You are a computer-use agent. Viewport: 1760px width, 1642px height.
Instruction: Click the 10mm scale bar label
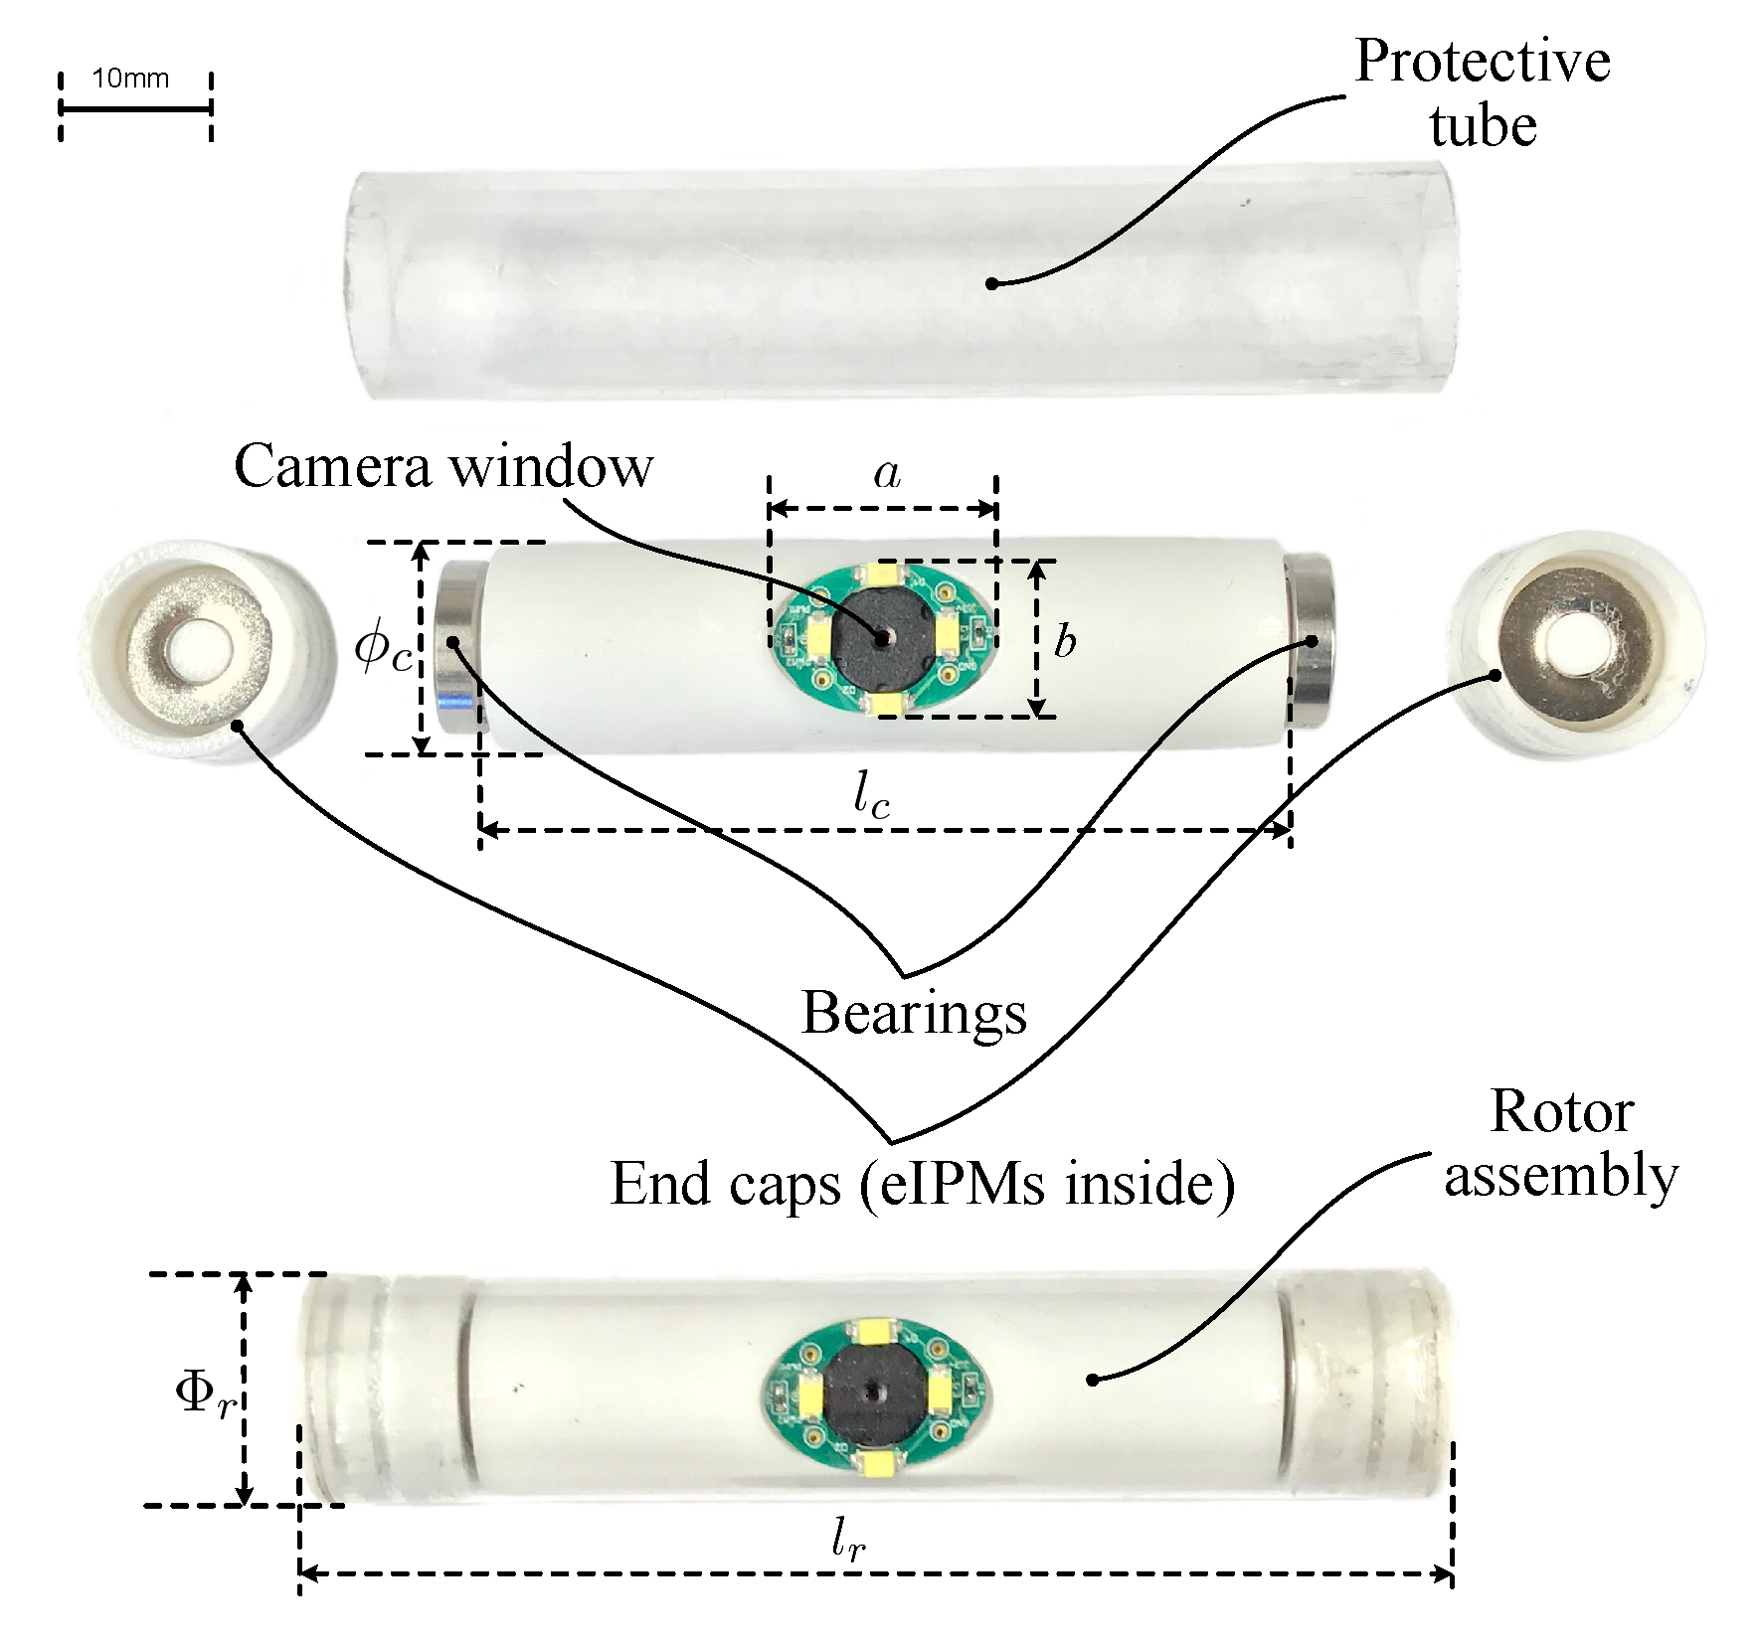[130, 79]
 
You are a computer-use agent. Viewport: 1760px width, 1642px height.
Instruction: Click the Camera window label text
[443, 466]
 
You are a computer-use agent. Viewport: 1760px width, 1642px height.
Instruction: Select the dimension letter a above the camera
[886, 474]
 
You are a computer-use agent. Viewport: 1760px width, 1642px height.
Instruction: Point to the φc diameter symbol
[382, 651]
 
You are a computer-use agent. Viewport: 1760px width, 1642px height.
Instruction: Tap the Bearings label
[913, 1014]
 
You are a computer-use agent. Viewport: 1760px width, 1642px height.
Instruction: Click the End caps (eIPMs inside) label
[922, 1184]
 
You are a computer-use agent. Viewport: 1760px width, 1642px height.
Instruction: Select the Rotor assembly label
[1561, 1144]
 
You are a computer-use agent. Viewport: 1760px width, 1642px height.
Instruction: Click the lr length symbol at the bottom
[848, 1542]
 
